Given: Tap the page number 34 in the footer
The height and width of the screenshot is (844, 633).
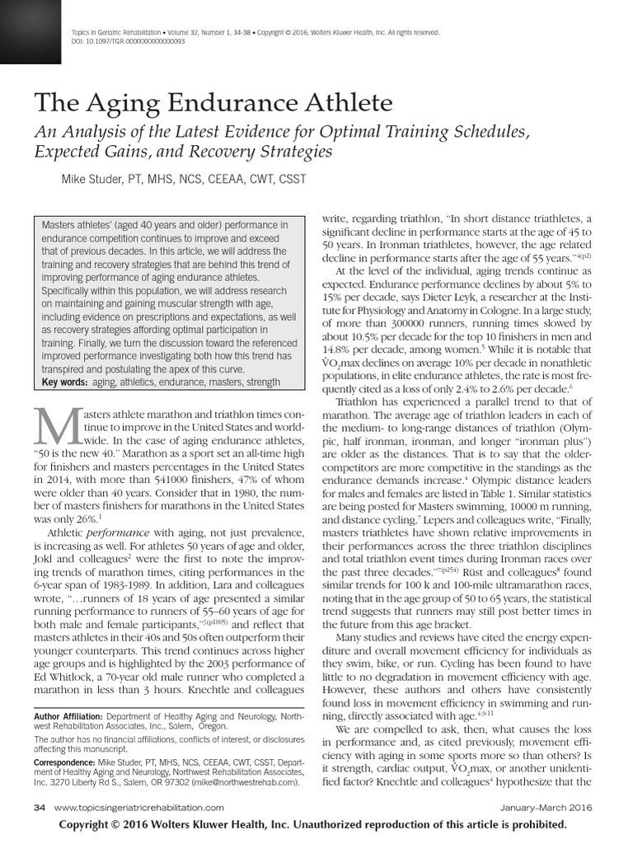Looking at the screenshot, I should (x=40, y=809).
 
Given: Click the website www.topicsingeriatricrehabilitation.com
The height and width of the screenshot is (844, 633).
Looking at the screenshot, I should (x=138, y=809).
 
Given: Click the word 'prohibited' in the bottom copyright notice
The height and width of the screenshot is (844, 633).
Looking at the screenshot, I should (x=533, y=825).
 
